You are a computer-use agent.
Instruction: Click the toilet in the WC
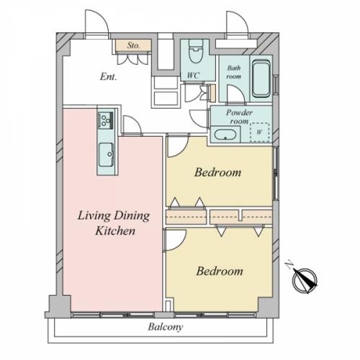[196, 52]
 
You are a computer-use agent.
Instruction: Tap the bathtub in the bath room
[261, 78]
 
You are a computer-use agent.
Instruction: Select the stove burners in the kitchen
[106, 120]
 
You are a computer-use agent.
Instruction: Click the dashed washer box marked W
[259, 132]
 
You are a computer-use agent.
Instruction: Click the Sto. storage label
[133, 45]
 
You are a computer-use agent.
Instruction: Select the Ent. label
[108, 77]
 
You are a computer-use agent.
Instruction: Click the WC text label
[194, 76]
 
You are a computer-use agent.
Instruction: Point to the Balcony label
[166, 327]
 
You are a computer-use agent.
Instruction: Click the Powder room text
[239, 117]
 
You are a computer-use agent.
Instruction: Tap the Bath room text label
[234, 72]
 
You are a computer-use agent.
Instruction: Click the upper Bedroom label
[218, 172]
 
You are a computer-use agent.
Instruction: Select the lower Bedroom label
[220, 271]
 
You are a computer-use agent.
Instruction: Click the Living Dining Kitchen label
[114, 223]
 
